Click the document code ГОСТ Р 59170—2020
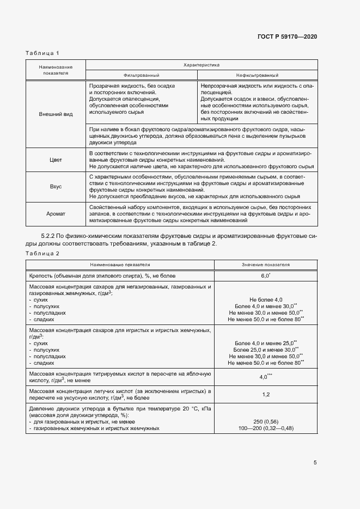click(x=287, y=36)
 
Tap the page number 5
click(x=315, y=463)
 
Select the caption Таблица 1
click(x=42, y=53)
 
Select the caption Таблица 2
click(x=42, y=254)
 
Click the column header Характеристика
click(x=202, y=64)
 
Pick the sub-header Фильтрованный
click(x=141, y=75)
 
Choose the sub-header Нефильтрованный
click(x=257, y=75)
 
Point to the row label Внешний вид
click(x=56, y=115)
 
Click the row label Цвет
click(x=56, y=160)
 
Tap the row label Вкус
click(x=56, y=186)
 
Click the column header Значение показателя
click(x=266, y=265)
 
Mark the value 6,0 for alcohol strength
click(x=265, y=277)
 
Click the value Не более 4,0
click(x=266, y=300)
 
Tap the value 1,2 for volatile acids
click(x=266, y=395)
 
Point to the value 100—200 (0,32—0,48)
click(x=266, y=428)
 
